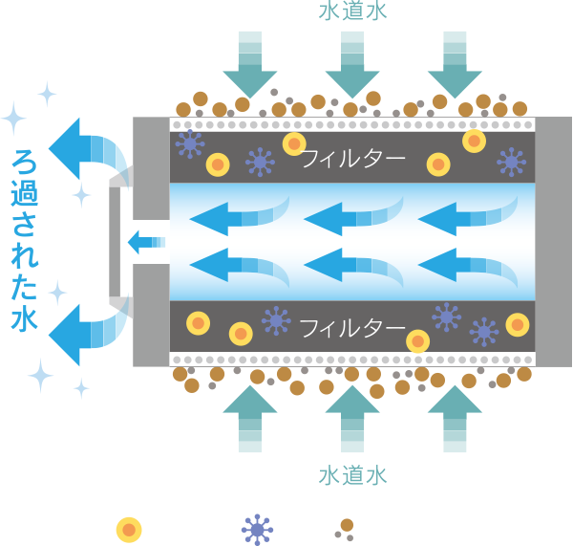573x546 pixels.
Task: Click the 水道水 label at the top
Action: coord(352,12)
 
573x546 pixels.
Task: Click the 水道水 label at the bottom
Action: coord(352,475)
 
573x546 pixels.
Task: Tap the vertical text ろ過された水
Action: coord(24,240)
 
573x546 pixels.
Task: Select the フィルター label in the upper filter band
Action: coord(352,158)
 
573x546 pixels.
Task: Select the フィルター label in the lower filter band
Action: coord(352,328)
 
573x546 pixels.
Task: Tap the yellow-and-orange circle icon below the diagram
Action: coord(129,528)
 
